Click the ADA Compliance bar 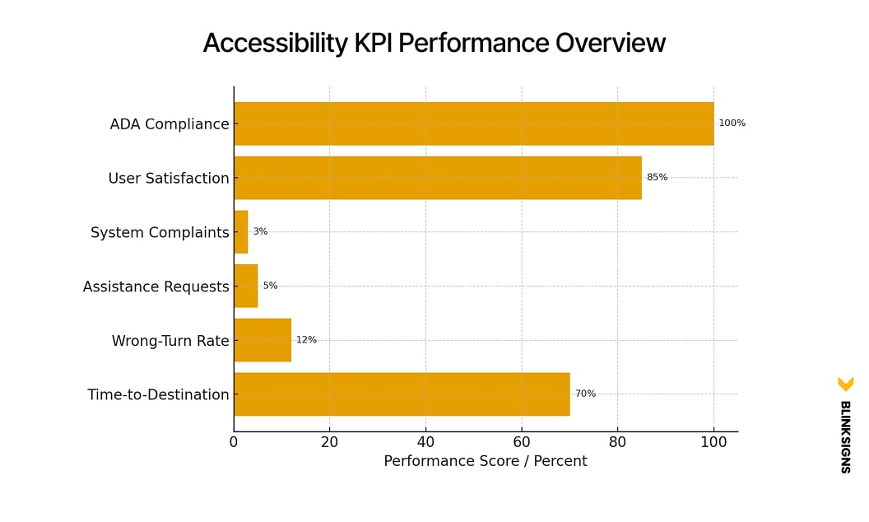(x=473, y=124)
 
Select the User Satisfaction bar (x=437, y=178)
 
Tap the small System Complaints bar (x=240, y=232)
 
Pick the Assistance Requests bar (x=245, y=286)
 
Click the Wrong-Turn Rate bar (x=262, y=340)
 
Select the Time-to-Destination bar (x=402, y=394)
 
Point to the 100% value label (x=732, y=124)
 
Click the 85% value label (x=657, y=178)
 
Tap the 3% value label (x=260, y=232)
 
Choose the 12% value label (x=306, y=340)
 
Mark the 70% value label (x=585, y=394)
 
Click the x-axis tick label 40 (x=425, y=442)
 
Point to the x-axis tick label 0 (x=234, y=442)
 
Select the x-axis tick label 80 (x=617, y=442)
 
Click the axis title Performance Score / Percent (x=485, y=462)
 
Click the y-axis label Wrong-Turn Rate (x=170, y=341)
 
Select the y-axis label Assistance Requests (x=156, y=287)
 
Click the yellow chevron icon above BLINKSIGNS (x=845, y=384)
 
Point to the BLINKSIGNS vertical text (x=844, y=436)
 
